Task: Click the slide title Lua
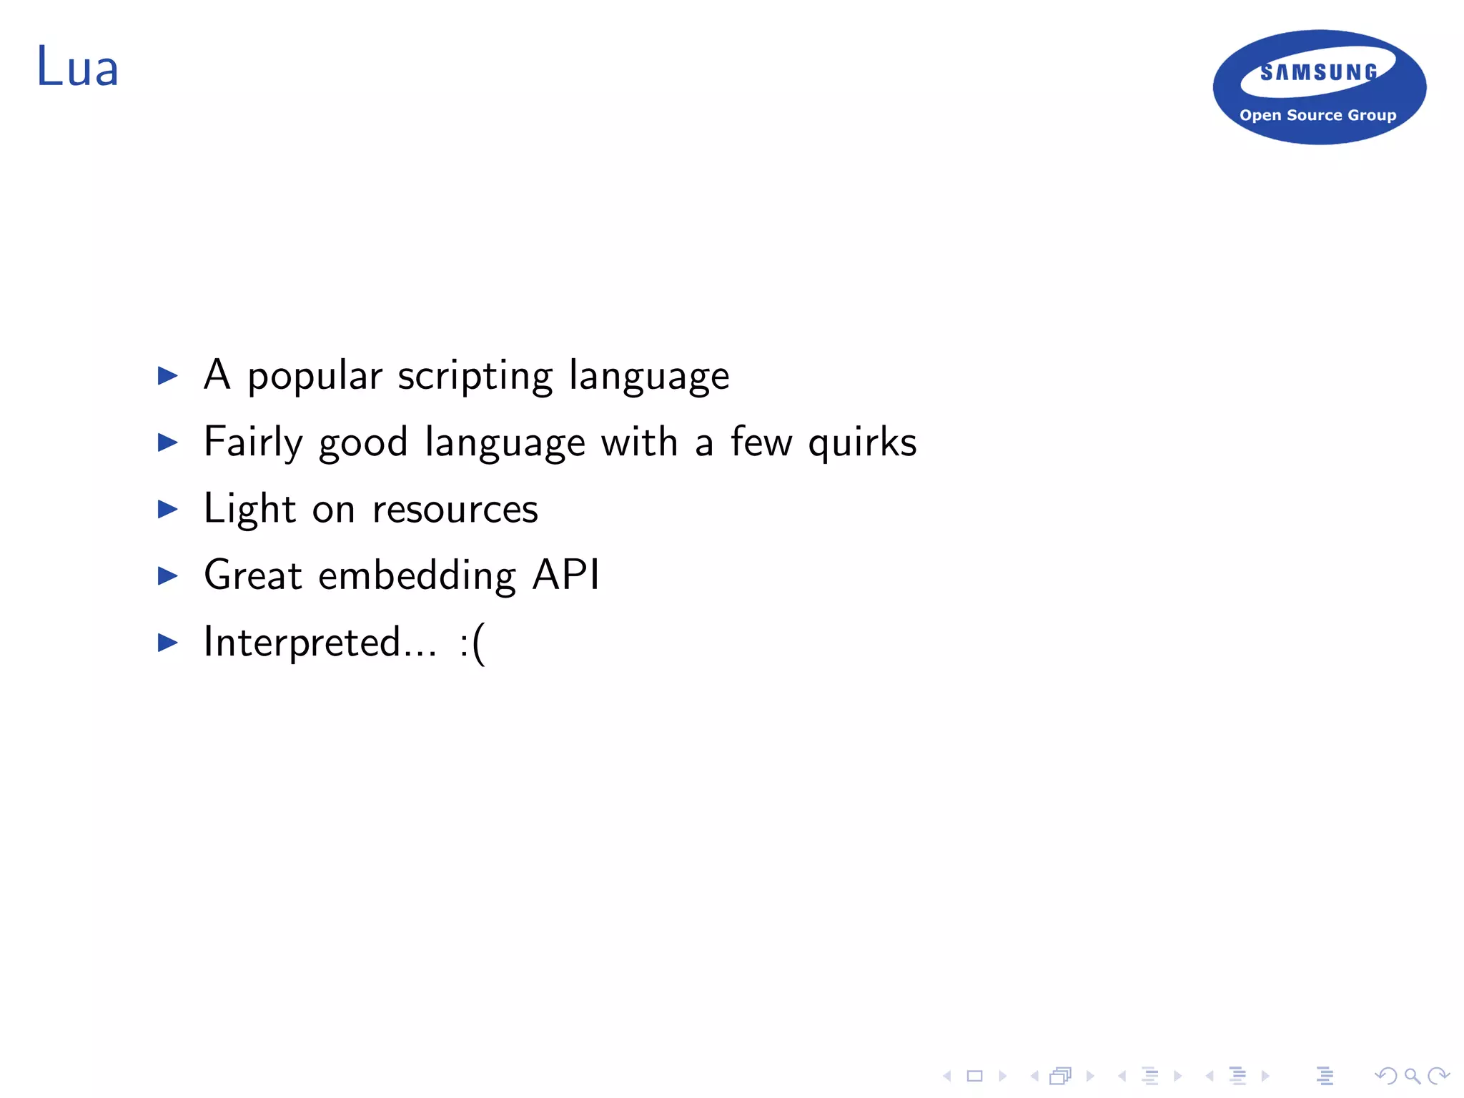[77, 67]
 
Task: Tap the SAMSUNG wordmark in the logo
[1319, 72]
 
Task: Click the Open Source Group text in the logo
[1317, 115]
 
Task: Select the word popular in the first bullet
[315, 376]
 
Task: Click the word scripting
[475, 376]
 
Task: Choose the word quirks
[862, 442]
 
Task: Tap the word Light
[249, 509]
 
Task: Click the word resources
[455, 509]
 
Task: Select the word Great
[253, 575]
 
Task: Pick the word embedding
[417, 575]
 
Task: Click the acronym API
[566, 575]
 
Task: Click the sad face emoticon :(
[472, 643]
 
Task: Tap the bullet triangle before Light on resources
[168, 509]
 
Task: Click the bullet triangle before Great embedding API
[168, 575]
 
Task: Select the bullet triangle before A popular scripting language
[168, 375]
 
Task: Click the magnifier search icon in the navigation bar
[1412, 1075]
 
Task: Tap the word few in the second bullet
[761, 442]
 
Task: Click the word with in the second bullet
[639, 442]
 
